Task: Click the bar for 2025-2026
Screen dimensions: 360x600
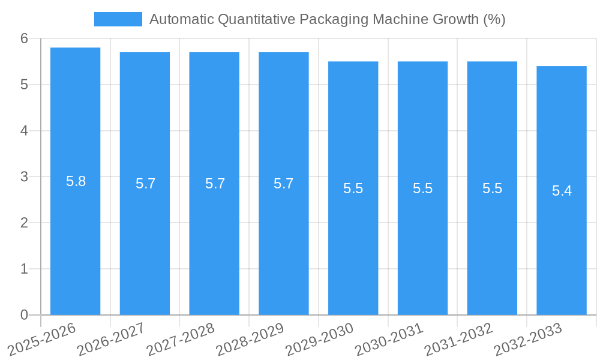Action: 75,240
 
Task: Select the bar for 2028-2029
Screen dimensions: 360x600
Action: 284,240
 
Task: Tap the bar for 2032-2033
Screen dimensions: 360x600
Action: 562,252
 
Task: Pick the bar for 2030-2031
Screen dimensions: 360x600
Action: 422,252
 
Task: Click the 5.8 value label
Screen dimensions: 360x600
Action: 76,181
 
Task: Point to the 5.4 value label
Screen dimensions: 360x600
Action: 562,191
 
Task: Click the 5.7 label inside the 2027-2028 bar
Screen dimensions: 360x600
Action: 215,184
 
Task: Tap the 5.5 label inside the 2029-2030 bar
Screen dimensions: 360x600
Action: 353,188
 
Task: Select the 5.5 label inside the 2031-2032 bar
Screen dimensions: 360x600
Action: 492,188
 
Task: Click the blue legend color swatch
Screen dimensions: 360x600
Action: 118,19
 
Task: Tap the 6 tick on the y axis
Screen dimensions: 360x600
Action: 24,38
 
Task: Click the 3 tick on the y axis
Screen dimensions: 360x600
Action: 24,177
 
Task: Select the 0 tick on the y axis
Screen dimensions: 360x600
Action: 24,315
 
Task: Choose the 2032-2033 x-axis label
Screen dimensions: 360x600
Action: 526,340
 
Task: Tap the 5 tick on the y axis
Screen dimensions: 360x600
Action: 24,85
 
